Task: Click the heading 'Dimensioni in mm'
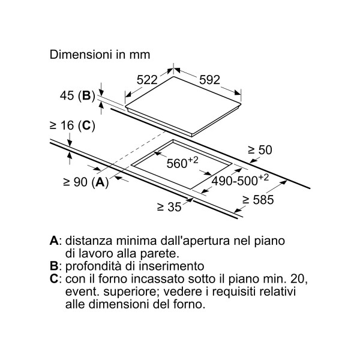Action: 100,55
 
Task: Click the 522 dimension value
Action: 147,80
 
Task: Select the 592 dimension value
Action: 209,80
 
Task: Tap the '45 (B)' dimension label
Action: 77,95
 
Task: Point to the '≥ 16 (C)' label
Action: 73,125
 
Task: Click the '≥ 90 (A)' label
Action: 86,182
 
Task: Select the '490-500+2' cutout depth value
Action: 240,180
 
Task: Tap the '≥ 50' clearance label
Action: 260,149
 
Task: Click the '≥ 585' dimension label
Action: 258,200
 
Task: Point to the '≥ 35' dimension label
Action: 169,207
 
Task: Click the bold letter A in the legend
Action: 55,241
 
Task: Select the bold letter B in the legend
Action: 54,266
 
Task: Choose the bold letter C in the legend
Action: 55,279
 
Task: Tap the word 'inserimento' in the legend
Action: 170,266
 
